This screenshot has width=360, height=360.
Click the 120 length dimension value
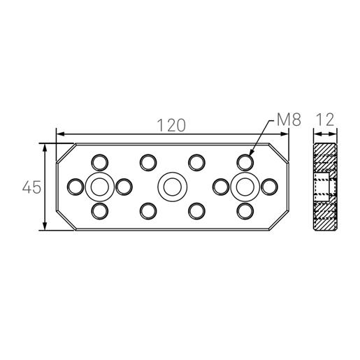[171, 124]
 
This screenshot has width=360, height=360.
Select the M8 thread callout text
[288, 120]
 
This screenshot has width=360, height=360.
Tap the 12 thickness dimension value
[324, 120]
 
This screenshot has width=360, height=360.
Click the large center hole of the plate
[171, 187]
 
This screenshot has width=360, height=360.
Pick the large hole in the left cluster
[99, 187]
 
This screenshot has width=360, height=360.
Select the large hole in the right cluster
[244, 187]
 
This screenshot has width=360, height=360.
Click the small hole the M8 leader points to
[244, 162]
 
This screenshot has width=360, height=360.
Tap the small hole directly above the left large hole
[99, 162]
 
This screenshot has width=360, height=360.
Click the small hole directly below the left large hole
[99, 210]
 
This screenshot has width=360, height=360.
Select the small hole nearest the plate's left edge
[75, 187]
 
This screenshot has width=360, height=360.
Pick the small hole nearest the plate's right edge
[268, 187]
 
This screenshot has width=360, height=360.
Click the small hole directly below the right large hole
[244, 210]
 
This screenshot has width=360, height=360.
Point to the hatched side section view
[324, 187]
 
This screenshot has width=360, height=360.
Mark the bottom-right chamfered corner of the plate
[278, 221]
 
